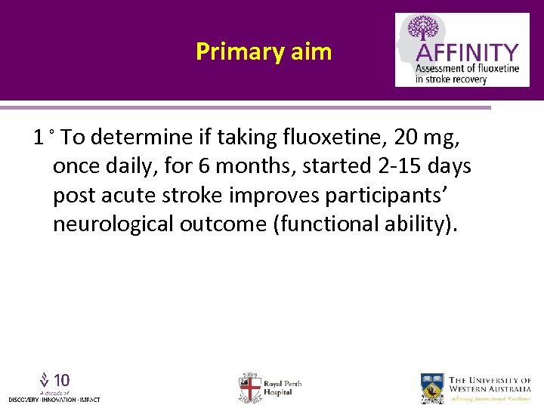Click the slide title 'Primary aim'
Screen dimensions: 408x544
tap(264, 51)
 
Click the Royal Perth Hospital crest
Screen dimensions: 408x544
tap(249, 387)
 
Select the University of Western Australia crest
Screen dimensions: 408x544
tap(433, 387)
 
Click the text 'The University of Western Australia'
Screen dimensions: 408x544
tap(490, 385)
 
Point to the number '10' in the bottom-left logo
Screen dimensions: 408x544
tap(62, 379)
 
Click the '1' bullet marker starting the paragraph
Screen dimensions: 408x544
tap(38, 137)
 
